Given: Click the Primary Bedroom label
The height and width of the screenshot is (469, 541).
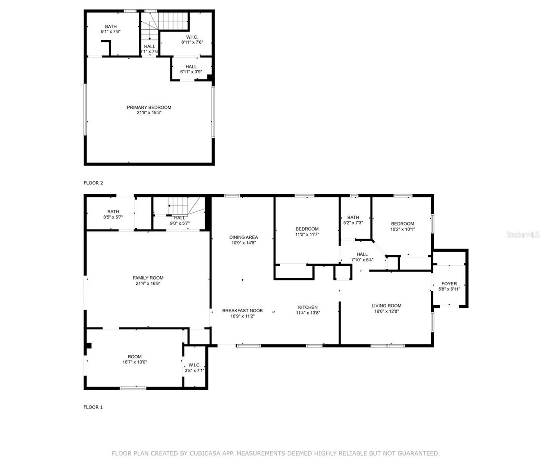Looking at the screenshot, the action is click(149, 107).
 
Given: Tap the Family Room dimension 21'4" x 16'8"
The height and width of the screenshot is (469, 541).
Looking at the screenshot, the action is click(148, 283).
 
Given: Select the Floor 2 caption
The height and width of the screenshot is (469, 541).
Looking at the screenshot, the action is click(93, 183).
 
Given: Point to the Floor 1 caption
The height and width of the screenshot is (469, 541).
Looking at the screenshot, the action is click(93, 407).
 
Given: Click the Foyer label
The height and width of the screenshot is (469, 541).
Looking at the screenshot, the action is click(449, 283).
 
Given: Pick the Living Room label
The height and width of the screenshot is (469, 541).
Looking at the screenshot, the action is click(386, 305).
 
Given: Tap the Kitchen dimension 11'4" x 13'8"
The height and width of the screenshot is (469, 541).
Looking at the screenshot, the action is click(308, 313).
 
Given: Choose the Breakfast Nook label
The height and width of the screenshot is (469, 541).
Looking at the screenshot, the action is click(242, 310).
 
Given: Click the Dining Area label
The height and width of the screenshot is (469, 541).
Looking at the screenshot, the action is click(244, 237).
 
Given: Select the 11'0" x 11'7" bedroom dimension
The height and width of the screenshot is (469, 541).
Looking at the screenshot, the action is click(307, 234).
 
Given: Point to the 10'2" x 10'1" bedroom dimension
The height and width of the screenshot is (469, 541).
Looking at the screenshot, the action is click(403, 229).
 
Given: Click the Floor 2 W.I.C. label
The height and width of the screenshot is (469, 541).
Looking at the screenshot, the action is click(192, 37).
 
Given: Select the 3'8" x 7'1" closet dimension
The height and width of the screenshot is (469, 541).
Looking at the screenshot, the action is click(194, 371).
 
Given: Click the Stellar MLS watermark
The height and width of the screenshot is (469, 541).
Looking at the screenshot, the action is click(523, 234).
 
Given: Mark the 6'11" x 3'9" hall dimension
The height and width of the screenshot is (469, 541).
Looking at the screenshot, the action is click(191, 72).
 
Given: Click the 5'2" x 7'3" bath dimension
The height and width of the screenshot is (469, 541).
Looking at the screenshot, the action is click(353, 223).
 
